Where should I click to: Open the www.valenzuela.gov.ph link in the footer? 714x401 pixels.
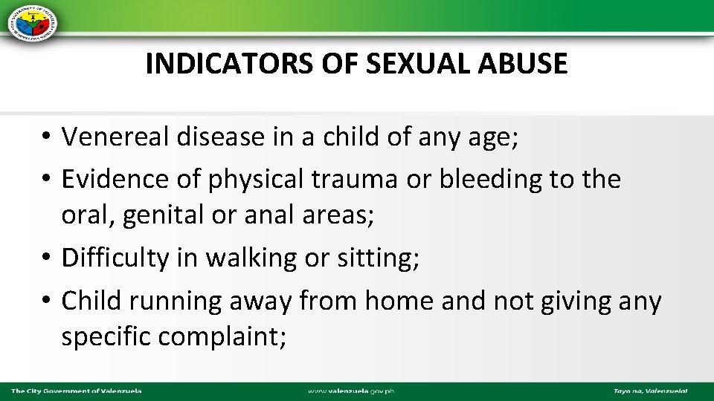point(356,391)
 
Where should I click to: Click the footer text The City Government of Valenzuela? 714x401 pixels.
point(77,391)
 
